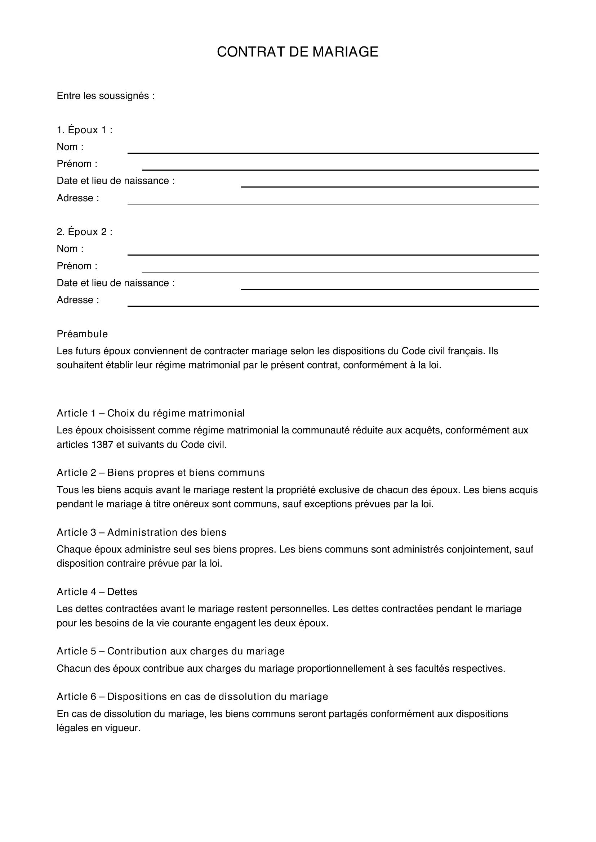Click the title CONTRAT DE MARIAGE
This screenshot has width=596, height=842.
297,52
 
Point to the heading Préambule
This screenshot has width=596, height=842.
82,334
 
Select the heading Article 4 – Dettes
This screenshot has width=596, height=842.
97,592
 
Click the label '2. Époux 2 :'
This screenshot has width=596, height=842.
84,232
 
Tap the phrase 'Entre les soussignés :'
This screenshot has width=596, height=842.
106,96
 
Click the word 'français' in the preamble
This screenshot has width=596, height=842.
466,351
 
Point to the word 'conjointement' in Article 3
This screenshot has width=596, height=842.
479,549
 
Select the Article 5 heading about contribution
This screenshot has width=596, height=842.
171,651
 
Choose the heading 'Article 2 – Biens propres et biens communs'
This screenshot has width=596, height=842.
161,473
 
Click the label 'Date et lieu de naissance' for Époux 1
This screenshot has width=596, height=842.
115,181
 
